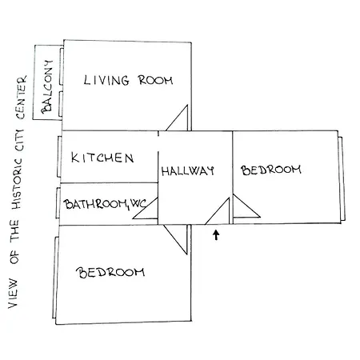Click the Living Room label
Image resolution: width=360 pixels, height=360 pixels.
tap(128, 80)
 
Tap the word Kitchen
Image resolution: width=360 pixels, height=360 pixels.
tap(102, 158)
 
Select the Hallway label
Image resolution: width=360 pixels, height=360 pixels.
tap(188, 170)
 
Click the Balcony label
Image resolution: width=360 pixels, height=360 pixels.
tap(46, 86)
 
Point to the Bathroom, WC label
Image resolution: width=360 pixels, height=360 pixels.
tap(105, 204)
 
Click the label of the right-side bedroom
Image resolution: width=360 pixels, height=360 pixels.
tap(271, 170)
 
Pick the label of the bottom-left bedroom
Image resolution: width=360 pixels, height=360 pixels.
tap(110, 273)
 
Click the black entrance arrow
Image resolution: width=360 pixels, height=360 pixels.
tap(216, 235)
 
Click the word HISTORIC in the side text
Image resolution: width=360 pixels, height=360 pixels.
tap(16, 184)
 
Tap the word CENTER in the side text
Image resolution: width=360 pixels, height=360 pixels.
tap(21, 98)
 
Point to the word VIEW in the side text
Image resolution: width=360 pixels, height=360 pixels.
tap(13, 294)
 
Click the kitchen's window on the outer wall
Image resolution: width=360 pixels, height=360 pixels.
tap(59, 157)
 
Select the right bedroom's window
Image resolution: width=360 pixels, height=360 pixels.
tap(342, 178)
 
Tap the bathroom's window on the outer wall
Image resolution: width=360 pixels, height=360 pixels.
tap(58, 203)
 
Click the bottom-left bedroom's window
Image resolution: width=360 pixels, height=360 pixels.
tap(55, 278)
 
